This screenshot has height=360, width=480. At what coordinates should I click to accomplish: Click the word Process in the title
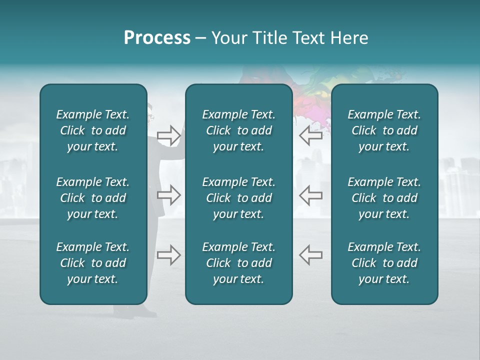pyautogui.click(x=157, y=38)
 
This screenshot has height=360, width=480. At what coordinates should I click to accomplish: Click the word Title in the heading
pyautogui.click(x=275, y=38)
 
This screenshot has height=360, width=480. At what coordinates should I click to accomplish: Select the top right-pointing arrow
pyautogui.click(x=168, y=135)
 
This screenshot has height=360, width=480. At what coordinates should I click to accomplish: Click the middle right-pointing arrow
pyautogui.click(x=168, y=195)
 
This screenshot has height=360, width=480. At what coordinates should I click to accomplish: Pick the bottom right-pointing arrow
pyautogui.click(x=168, y=255)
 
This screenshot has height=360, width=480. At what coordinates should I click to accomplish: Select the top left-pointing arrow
pyautogui.click(x=311, y=135)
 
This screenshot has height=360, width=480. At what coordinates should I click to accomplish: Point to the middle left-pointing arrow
pyautogui.click(x=311, y=195)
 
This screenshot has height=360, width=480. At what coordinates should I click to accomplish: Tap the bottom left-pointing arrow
pyautogui.click(x=311, y=255)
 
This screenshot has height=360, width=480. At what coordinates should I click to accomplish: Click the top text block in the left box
pyautogui.click(x=93, y=130)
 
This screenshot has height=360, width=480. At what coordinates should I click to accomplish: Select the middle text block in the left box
pyautogui.click(x=93, y=198)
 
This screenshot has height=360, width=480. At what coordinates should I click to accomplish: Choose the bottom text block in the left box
pyautogui.click(x=93, y=263)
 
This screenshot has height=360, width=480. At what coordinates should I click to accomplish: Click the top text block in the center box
pyautogui.click(x=239, y=130)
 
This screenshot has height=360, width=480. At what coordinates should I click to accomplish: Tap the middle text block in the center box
pyautogui.click(x=239, y=198)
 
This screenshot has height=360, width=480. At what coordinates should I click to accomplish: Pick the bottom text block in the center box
pyautogui.click(x=239, y=263)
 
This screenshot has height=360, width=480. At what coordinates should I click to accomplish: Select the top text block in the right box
pyautogui.click(x=384, y=130)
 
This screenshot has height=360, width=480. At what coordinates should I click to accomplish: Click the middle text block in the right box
pyautogui.click(x=384, y=198)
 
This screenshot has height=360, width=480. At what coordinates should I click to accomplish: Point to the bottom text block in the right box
pyautogui.click(x=384, y=263)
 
